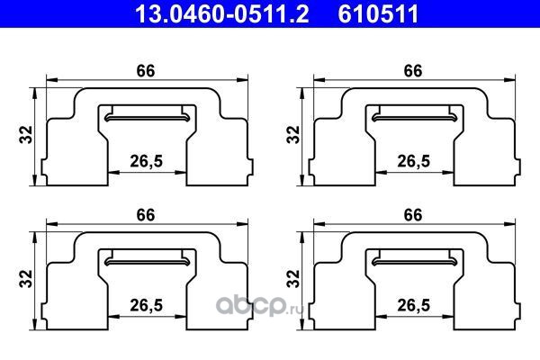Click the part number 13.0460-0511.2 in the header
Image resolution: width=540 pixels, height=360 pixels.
coord(222,14)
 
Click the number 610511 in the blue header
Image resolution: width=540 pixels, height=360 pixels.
coord(378,14)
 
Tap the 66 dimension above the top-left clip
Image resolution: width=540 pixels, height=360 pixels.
coord(146,71)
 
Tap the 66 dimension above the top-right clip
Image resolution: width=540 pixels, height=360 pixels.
coord(413,71)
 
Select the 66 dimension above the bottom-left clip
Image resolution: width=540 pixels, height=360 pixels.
coord(146,215)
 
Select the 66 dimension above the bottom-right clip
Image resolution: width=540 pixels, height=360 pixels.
coord(413,215)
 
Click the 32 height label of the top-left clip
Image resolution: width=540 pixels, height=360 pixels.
coord(26,135)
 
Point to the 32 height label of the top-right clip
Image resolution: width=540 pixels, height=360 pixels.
coord(293,135)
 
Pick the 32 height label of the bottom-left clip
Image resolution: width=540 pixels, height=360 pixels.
coord(26,279)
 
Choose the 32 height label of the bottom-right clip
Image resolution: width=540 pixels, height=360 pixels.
coord(293,279)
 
